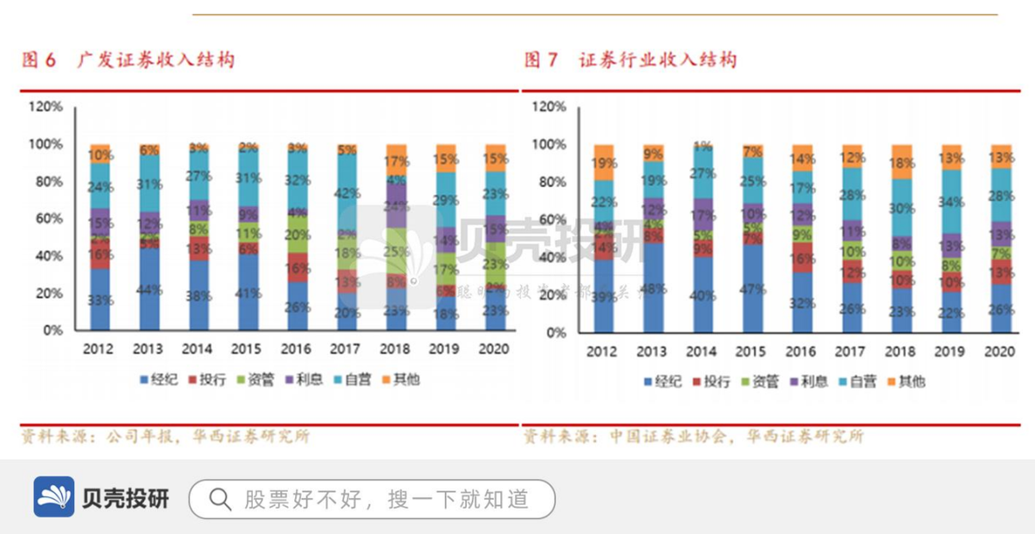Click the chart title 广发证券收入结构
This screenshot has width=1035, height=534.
point(155,60)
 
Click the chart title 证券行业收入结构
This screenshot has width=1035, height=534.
point(658,60)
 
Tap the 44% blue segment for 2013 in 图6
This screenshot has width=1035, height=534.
point(149,290)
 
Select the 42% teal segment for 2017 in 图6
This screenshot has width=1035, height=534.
point(347,194)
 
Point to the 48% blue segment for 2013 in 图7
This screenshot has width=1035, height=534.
point(653,289)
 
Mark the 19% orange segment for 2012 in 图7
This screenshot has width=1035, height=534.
point(604,162)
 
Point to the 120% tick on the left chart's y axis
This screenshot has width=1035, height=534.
point(46,106)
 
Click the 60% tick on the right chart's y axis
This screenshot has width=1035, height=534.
point(549,220)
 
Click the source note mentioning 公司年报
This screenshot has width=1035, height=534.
point(165,437)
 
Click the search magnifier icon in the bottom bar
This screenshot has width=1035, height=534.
point(220,499)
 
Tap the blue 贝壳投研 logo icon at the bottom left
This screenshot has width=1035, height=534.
point(54,497)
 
